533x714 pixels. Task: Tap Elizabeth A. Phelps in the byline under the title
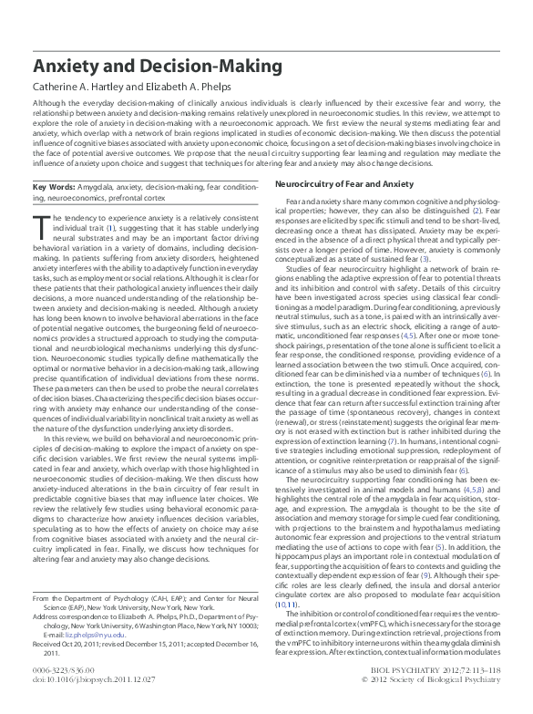click(x=195, y=89)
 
